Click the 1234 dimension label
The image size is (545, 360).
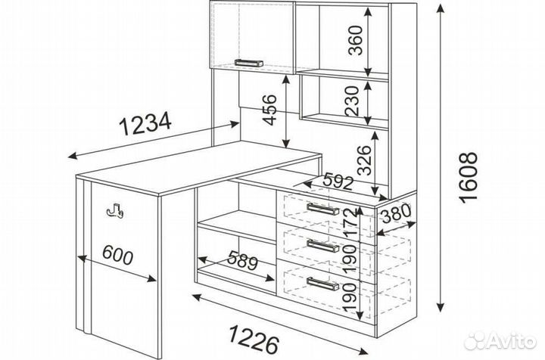pyautogui.click(x=145, y=123)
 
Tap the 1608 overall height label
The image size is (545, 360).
pyautogui.click(x=468, y=178)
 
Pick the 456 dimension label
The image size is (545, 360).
pyautogui.click(x=270, y=110)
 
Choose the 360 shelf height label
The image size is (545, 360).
pyautogui.click(x=355, y=40)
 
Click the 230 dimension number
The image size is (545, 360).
pyautogui.click(x=352, y=101)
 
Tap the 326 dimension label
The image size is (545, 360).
pyautogui.click(x=365, y=160)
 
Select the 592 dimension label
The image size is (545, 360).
pyautogui.click(x=338, y=182)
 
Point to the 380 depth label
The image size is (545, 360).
pyautogui.click(x=396, y=213)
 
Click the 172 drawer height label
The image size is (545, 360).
pyautogui.click(x=350, y=222)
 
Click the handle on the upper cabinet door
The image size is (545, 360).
pyautogui.click(x=248, y=63)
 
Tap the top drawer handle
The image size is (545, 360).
pyautogui.click(x=323, y=209)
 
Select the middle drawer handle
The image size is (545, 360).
pyautogui.click(x=323, y=246)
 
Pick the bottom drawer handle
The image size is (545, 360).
pyautogui.click(x=323, y=284)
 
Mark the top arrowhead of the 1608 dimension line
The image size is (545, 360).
pyautogui.click(x=441, y=8)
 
